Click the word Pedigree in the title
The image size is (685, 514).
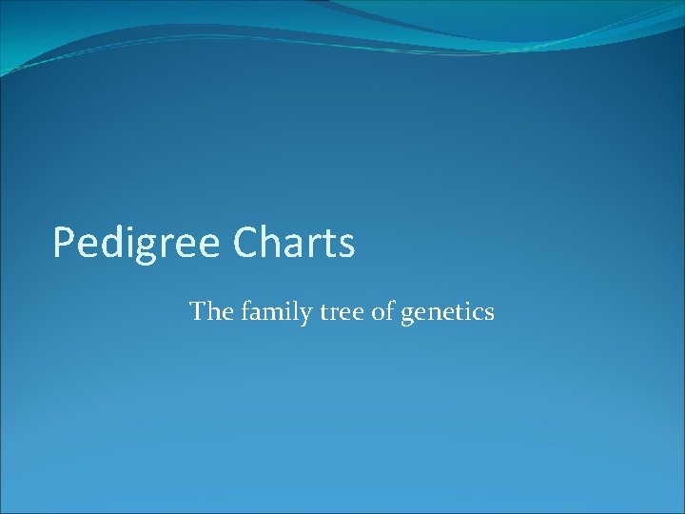pos(135,244)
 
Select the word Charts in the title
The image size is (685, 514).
pos(292,244)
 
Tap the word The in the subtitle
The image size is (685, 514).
pos(208,311)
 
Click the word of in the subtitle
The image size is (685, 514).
pos(382,311)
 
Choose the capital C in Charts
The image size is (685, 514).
pos(244,243)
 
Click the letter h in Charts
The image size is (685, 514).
pos(269,243)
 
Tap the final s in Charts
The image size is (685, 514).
pos(346,247)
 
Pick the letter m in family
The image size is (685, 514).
pos(272,313)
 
